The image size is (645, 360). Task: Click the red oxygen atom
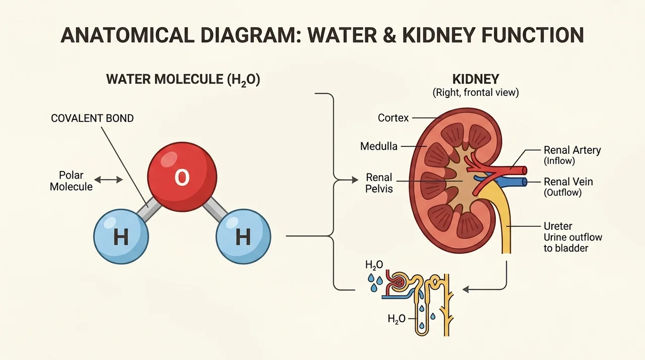182,177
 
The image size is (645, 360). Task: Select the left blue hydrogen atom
121,236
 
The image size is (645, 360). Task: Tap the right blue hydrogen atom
243,236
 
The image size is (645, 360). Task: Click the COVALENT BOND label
92,118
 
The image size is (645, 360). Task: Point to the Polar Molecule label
71,181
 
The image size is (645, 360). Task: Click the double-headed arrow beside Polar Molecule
108,180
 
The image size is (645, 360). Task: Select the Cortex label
393,118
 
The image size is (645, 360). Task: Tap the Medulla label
378,146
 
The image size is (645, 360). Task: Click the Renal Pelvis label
379,183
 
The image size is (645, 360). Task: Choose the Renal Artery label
572,150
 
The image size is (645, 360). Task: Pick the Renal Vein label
568,182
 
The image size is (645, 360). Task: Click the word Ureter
558,226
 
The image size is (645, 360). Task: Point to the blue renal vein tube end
525,182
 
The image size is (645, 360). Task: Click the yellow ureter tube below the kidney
506,230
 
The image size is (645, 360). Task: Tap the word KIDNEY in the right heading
476,79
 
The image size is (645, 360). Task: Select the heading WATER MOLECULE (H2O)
183,80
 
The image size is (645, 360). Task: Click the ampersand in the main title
389,35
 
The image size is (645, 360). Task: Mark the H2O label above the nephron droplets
374,265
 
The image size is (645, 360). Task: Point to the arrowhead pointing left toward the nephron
466,289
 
